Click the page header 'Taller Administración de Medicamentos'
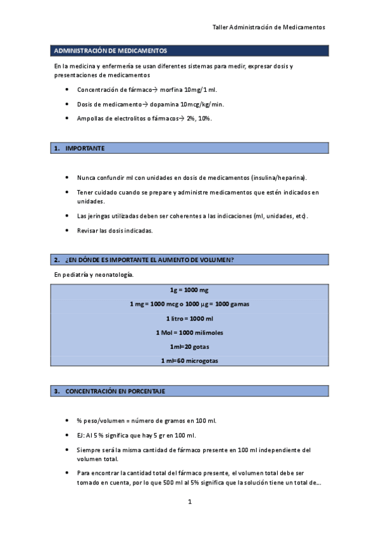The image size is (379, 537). (268, 28)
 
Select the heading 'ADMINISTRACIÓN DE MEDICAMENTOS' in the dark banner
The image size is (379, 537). (111, 51)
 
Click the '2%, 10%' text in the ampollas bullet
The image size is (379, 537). (199, 118)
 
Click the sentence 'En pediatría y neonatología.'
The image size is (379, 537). (94, 275)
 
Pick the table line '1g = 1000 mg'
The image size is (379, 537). (189, 290)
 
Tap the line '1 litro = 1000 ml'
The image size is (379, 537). (189, 319)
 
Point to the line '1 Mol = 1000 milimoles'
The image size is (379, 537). (189, 332)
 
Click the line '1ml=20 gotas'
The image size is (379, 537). (189, 347)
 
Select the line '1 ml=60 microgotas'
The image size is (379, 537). (189, 361)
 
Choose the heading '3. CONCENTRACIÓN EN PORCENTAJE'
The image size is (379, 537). (115, 391)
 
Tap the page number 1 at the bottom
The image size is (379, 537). (189, 503)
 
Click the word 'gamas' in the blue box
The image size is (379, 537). (239, 304)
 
